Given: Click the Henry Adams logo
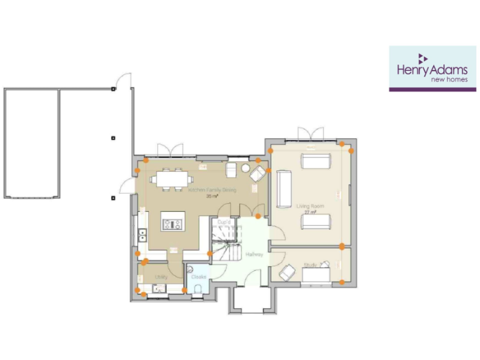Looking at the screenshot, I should tap(432, 69).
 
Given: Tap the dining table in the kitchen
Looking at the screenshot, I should tap(169, 179).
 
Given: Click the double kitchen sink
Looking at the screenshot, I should tap(142, 235).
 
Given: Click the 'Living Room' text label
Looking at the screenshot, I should tap(306, 205).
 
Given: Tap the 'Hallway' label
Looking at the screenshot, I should tap(254, 254).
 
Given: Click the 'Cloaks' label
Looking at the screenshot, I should tap(199, 276).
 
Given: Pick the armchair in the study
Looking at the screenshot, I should tap(287, 272).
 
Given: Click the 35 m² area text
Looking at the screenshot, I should tap(211, 196).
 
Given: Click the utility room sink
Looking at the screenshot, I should tap(157, 288).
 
